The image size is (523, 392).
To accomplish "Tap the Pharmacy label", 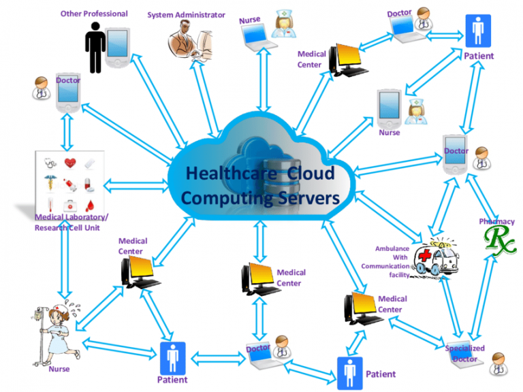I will [496, 221].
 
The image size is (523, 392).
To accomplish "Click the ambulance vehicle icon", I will [437, 257].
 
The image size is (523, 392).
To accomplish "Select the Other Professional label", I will [94, 13].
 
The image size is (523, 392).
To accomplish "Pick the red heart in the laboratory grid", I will [70, 163].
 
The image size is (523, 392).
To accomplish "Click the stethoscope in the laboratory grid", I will [50, 163].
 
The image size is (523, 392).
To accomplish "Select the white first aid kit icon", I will [70, 203].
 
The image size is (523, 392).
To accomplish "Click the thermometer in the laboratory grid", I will [50, 203].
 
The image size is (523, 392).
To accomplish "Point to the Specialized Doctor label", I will [465, 353].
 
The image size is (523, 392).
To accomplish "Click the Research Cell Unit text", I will [67, 227].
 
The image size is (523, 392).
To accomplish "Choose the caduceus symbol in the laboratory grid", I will [50, 183].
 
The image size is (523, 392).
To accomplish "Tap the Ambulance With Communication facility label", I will [386, 261].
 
